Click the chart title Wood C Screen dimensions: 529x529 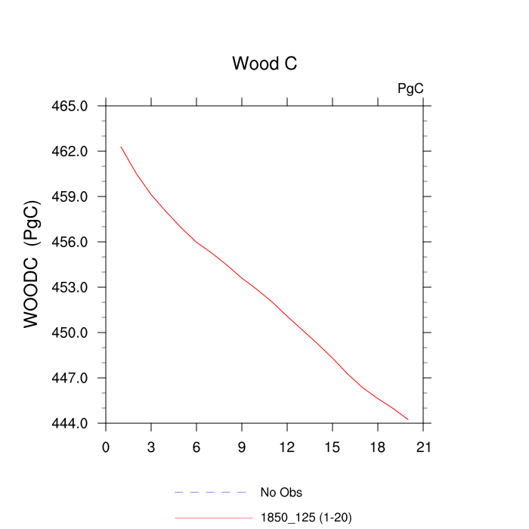tap(264, 63)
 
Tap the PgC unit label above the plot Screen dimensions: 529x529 tap(410, 88)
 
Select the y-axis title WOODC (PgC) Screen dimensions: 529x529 tap(32, 264)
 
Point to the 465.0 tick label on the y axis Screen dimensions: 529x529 tap(74, 106)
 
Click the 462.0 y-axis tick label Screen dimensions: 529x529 tap(74, 151)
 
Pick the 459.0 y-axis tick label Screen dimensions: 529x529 tap(74, 196)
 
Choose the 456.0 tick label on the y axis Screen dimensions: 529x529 tap(74, 242)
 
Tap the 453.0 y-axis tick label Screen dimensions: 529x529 tap(74, 287)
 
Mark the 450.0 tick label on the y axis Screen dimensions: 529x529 tap(74, 333)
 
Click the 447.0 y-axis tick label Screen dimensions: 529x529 tap(74, 378)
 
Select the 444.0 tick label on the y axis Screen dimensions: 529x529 tap(74, 423)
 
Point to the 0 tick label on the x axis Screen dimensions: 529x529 tap(106, 447)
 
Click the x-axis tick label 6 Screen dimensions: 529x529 tap(196, 447)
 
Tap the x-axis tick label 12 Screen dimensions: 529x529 tap(287, 447)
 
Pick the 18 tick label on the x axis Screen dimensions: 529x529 tap(378, 447)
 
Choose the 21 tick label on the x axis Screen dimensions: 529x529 tap(423, 447)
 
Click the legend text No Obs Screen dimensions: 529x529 tap(281, 493)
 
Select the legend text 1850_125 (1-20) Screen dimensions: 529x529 tap(306, 518)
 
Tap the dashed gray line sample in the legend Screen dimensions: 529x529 tap(211, 493)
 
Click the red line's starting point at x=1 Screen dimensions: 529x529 tap(121, 147)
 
